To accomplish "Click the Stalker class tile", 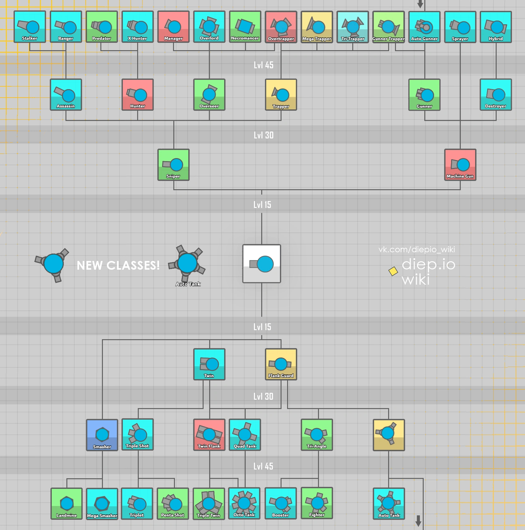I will tap(30, 26).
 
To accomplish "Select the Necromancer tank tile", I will tap(245, 26).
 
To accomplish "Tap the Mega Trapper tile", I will tap(317, 27).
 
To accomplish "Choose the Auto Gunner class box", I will tap(424, 27).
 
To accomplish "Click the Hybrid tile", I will tap(496, 27).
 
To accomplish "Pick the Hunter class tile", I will tap(137, 94).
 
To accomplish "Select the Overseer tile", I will tap(209, 94).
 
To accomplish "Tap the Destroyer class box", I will tap(496, 94).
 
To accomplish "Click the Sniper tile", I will tap(173, 165).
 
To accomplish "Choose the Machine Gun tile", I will tap(460, 165).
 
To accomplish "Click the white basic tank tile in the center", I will tap(262, 264).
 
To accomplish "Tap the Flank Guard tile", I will tap(281, 364).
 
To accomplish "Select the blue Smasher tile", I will tap(102, 435).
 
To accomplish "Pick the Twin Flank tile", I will tap(209, 435).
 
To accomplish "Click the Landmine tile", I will tap(66, 503).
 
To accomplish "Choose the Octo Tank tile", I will tap(244, 503).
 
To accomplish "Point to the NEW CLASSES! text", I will tap(118, 265).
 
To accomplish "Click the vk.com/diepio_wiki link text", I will tap(417, 249).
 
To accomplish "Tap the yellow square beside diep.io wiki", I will tap(393, 271).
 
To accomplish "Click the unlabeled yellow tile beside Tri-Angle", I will tap(389, 435).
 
